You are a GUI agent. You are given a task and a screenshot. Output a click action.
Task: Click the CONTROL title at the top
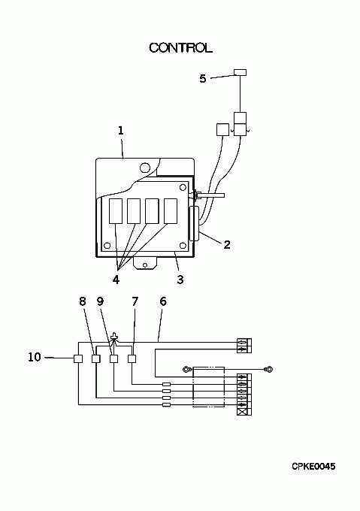(181, 48)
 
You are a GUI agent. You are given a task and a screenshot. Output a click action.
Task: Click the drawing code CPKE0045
(313, 467)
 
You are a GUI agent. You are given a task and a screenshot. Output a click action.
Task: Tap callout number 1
(121, 131)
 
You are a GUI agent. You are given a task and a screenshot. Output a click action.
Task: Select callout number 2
(227, 245)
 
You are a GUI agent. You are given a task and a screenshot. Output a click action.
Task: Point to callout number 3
(180, 280)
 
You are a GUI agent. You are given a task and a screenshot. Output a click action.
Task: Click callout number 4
(116, 280)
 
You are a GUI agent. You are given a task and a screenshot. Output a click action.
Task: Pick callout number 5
(203, 79)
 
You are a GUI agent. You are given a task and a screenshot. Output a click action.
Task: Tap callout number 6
(163, 301)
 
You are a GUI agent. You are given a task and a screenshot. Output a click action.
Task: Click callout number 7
(135, 301)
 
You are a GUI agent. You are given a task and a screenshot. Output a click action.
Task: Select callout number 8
(83, 301)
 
